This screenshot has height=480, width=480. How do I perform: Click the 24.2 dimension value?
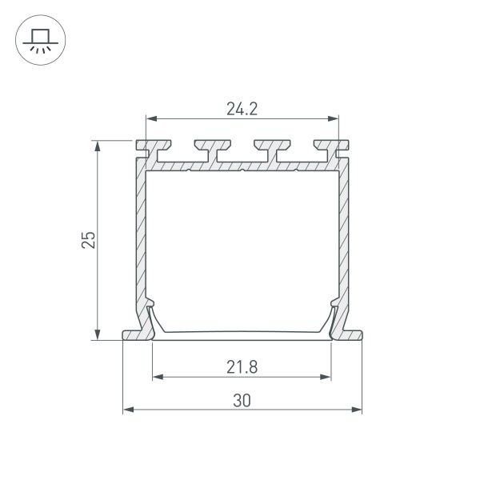coord(242,110)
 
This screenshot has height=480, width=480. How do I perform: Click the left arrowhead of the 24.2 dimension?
coord(149,118)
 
